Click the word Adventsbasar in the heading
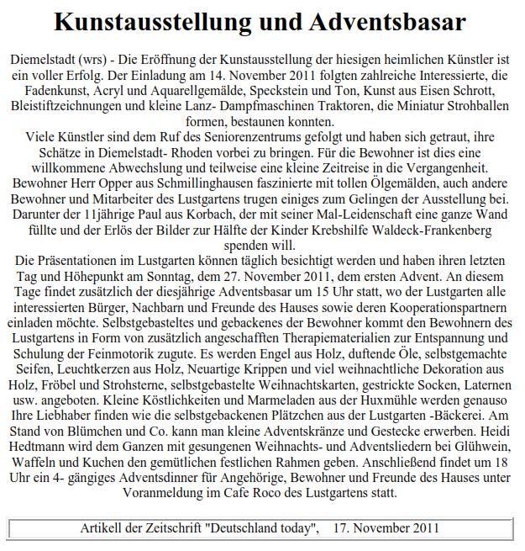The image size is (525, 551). pos(382,23)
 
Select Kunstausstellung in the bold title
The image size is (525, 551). pos(163,23)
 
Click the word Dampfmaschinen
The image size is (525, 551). pos(294,107)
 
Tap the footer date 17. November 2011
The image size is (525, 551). pos(387,528)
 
